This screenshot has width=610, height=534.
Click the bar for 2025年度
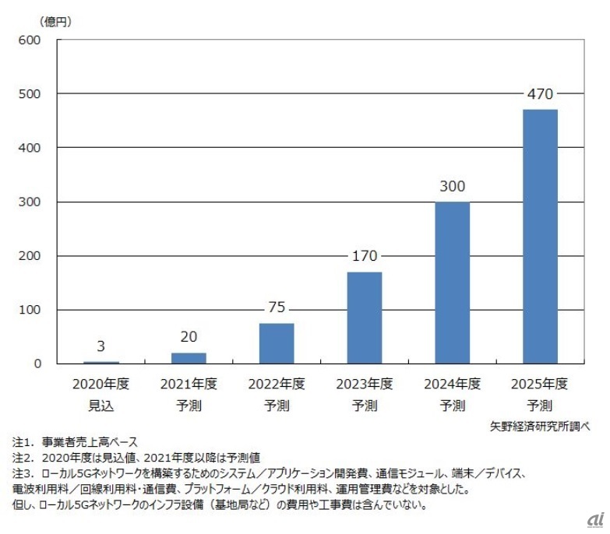pos(540,237)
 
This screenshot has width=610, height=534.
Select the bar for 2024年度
pos(452,283)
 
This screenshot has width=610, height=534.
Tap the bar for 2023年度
pos(364,318)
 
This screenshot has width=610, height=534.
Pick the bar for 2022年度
pos(277,343)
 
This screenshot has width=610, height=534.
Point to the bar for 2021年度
pos(189,358)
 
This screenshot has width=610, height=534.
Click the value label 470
pos(540,95)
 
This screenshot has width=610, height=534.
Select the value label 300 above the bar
pos(452,187)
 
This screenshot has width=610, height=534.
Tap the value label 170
pos(364,257)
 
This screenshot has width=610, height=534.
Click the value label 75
pos(277,308)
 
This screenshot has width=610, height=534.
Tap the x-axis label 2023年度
pos(364,384)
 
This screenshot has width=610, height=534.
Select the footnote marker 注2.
pos(23,456)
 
